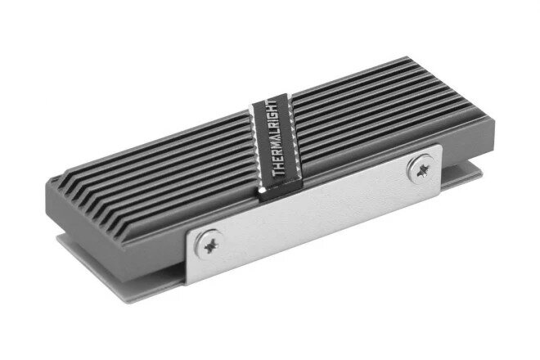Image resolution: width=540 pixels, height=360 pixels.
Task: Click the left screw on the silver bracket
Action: (209, 245)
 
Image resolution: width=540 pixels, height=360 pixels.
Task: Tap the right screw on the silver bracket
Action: (421, 169)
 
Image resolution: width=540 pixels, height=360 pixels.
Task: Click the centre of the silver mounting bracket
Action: (313, 214)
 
